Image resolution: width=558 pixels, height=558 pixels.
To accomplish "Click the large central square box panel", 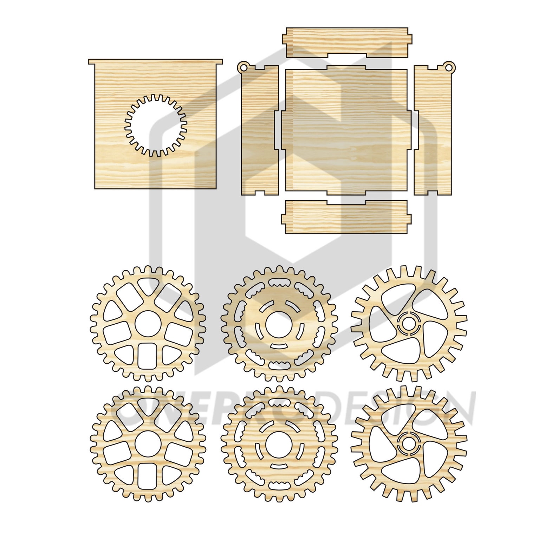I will coord(346,130).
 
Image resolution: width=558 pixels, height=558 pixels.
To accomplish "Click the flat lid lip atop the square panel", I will coord(155,61).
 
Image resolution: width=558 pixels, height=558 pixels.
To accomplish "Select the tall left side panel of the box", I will coord(260,130).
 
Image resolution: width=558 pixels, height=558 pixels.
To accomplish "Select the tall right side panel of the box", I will coord(432,130).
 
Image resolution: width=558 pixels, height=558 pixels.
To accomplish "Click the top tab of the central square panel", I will coord(346,67).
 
